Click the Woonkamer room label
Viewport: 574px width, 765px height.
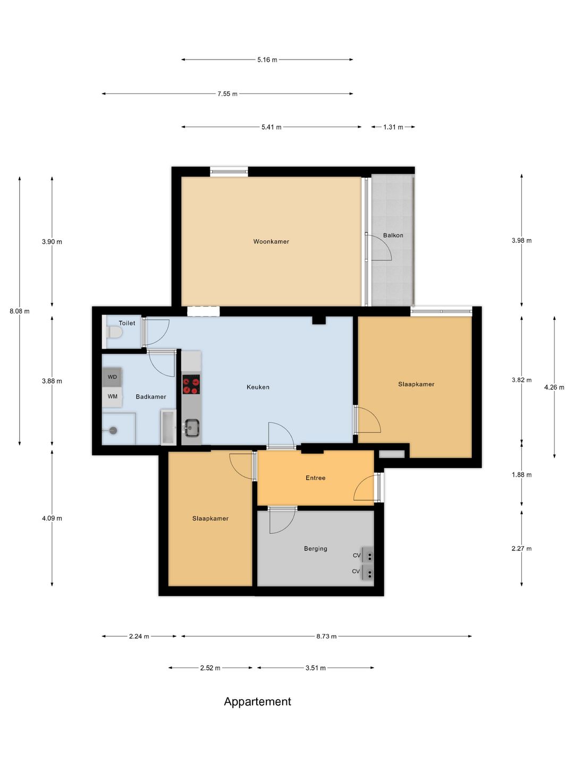[271, 241]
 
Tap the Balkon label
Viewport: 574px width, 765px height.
[393, 235]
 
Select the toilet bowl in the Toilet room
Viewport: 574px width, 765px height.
[114, 333]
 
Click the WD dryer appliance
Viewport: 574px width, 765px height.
[112, 377]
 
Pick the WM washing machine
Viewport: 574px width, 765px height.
[112, 396]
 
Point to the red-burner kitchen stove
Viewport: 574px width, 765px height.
[191, 385]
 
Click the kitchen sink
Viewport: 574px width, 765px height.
[191, 428]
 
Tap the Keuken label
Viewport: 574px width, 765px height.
[258, 387]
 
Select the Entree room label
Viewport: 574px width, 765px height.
[315, 478]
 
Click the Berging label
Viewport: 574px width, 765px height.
[315, 549]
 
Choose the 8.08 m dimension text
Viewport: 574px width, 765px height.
[20, 311]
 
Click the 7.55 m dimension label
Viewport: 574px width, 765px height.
[227, 93]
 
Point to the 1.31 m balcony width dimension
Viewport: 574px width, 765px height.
[393, 127]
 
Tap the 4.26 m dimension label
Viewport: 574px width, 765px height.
[554, 387]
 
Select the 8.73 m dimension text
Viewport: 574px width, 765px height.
[326, 636]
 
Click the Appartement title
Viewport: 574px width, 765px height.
[257, 702]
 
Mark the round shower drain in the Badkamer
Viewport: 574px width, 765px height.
[113, 430]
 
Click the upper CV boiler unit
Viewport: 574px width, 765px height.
[368, 555]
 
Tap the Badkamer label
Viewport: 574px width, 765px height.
[150, 397]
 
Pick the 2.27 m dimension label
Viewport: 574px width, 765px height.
[521, 549]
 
